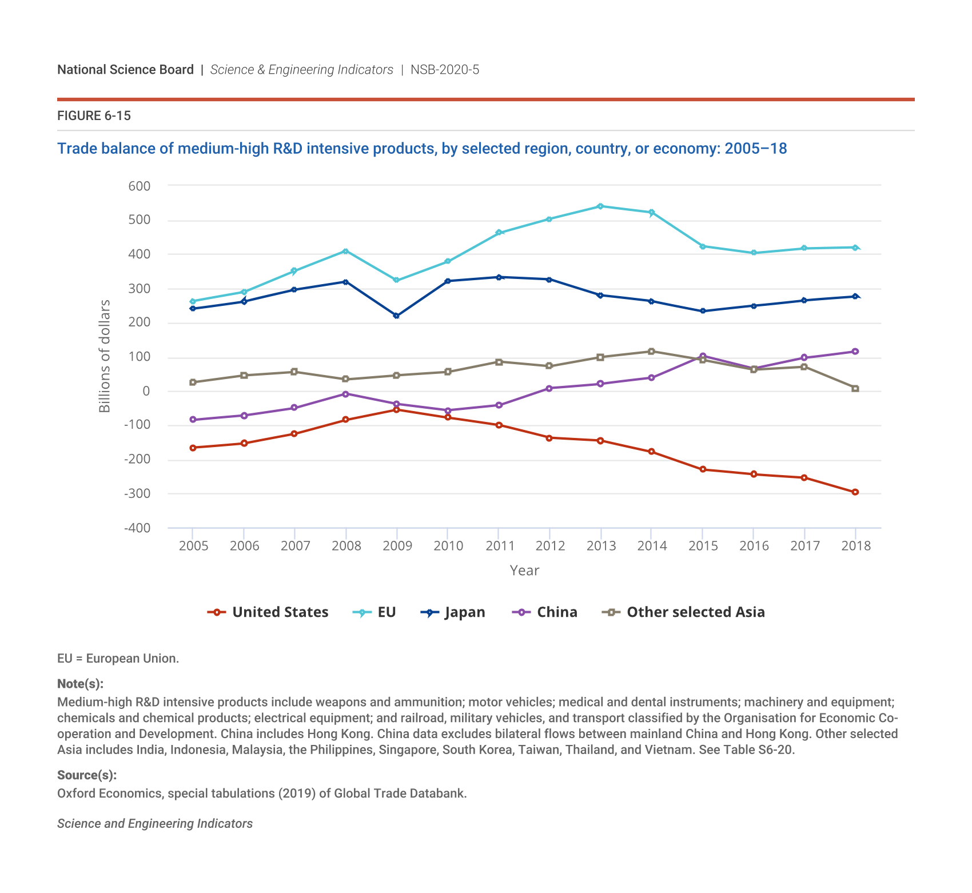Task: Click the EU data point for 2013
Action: click(600, 206)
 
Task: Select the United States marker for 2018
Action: click(855, 492)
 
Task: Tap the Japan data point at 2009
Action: click(396, 316)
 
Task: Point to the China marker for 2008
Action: click(345, 394)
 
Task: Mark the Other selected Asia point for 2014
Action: click(651, 352)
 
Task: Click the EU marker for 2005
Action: click(193, 301)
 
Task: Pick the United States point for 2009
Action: click(396, 409)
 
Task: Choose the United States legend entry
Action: click(269, 612)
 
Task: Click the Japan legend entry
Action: click(453, 612)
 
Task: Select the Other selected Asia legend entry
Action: click(684, 612)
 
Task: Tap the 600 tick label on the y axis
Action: click(140, 186)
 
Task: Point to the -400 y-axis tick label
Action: click(137, 528)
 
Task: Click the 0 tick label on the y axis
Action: click(146, 392)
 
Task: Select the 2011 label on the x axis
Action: click(500, 546)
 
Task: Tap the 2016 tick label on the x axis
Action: click(754, 546)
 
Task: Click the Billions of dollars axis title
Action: click(105, 356)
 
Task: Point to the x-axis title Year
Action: click(524, 571)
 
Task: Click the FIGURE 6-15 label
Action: click(94, 116)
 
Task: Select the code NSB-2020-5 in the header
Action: click(445, 70)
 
